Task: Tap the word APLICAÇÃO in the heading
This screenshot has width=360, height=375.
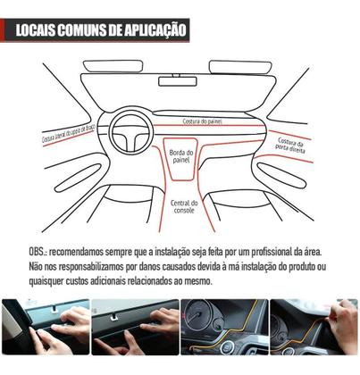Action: coord(155,29)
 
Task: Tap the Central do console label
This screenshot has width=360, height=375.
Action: coord(182,207)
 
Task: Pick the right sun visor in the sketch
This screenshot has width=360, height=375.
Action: coord(239,67)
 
